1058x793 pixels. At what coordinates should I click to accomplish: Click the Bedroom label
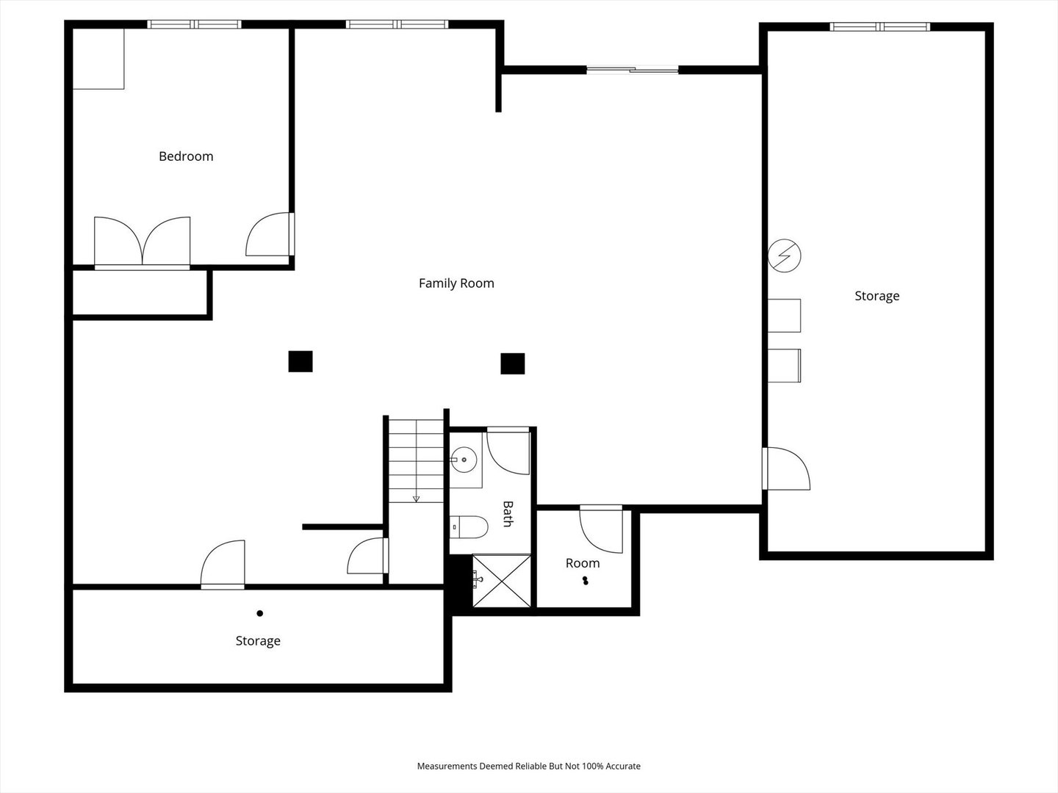click(x=186, y=156)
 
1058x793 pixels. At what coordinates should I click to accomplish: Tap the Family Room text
click(x=456, y=283)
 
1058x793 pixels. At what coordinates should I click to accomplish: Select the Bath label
click(x=507, y=514)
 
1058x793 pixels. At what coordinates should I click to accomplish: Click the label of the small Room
click(x=583, y=563)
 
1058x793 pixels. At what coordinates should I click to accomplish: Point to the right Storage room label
click(x=877, y=296)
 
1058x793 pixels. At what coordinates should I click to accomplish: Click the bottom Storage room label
click(x=258, y=641)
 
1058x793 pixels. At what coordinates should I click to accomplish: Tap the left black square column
click(x=301, y=361)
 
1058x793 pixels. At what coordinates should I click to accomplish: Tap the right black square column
click(x=513, y=363)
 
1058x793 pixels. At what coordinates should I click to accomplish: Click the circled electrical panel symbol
click(x=784, y=256)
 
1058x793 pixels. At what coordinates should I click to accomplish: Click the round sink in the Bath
click(x=464, y=460)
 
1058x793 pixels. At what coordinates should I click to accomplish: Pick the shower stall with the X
click(x=501, y=581)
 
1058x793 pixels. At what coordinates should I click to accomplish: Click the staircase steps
click(x=416, y=460)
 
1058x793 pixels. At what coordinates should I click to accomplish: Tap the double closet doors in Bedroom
click(x=143, y=242)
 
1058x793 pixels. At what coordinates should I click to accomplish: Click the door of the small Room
click(x=602, y=529)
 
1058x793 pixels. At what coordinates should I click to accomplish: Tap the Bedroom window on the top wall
click(x=195, y=24)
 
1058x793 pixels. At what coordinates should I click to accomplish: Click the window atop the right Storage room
click(x=879, y=27)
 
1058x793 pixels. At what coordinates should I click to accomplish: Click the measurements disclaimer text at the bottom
click(x=529, y=766)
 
